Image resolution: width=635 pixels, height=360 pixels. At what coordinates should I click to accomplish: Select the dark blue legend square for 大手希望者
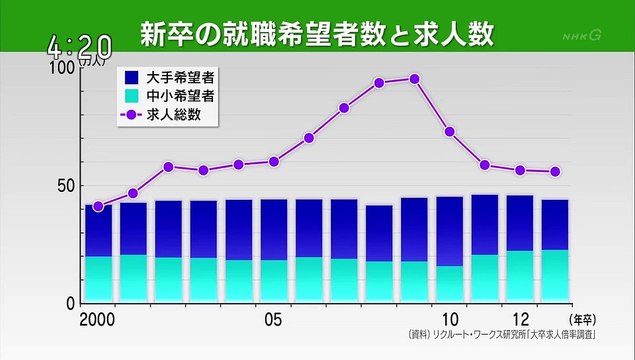click(x=130, y=76)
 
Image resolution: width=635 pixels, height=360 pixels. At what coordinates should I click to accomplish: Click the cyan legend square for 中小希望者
click(x=130, y=96)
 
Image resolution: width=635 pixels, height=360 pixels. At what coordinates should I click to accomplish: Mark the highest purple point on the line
click(x=415, y=79)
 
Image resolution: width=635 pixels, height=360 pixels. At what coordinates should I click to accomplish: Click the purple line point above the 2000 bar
click(x=98, y=207)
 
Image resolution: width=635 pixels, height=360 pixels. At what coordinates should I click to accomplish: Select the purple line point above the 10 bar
click(x=450, y=132)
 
